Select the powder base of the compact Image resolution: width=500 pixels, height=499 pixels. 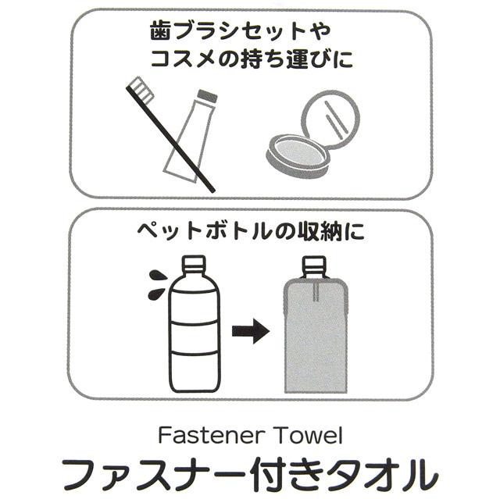[297, 155]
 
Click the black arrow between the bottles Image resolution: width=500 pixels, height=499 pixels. [251, 330]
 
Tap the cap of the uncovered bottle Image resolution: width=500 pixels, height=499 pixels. [193, 264]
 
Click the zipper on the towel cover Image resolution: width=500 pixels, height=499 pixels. [316, 291]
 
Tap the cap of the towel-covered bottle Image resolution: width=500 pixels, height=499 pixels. [314, 267]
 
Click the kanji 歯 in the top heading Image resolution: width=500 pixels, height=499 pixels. [160, 30]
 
